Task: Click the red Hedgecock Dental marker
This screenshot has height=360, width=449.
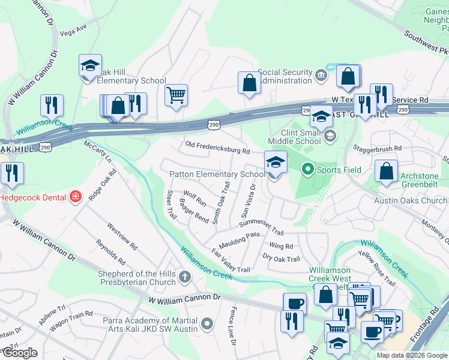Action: (x=76, y=197)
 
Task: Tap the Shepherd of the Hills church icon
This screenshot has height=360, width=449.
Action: (x=185, y=277)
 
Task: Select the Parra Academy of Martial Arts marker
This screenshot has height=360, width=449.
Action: (x=208, y=325)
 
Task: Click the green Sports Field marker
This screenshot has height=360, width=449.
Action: (x=308, y=170)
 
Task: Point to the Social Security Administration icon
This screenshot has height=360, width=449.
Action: (x=321, y=76)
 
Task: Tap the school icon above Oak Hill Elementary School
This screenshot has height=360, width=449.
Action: (x=90, y=66)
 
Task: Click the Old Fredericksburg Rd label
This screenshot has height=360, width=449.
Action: (x=217, y=148)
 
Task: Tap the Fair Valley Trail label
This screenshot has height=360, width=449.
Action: (x=230, y=261)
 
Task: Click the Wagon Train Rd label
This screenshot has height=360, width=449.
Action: (x=73, y=316)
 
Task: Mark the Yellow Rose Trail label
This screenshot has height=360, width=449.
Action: (x=377, y=266)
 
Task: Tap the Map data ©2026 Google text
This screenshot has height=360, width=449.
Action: (x=412, y=355)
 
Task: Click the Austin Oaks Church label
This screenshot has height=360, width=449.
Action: (x=411, y=200)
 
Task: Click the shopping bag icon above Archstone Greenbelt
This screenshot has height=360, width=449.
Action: (x=387, y=170)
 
